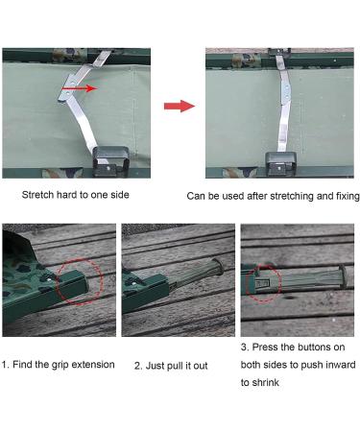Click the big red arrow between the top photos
click(180, 106)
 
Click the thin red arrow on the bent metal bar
click(80, 88)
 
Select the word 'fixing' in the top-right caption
click(348, 196)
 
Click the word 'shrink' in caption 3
click(265, 382)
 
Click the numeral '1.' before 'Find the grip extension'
click(6, 365)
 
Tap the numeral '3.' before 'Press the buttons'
click(245, 348)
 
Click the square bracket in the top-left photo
click(110, 161)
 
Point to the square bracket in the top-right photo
click(280, 164)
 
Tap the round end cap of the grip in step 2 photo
click(220, 267)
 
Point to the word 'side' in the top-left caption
click(120, 195)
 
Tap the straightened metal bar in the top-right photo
click(284, 103)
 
